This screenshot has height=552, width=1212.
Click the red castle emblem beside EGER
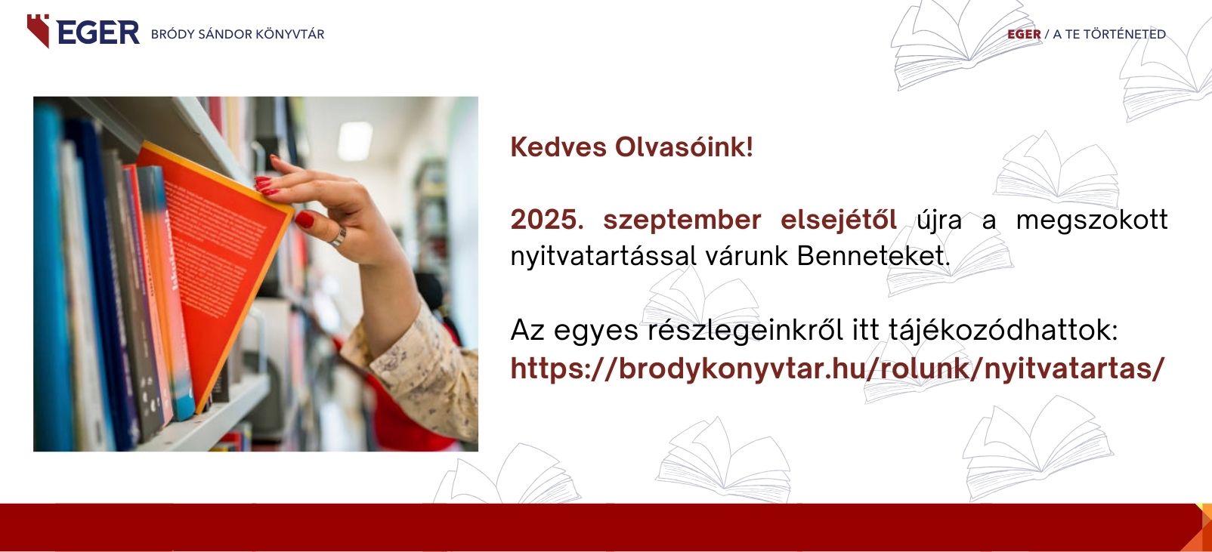click(x=39, y=30)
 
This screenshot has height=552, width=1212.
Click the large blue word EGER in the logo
click(x=98, y=32)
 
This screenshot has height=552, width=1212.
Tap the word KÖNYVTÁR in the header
click(x=289, y=34)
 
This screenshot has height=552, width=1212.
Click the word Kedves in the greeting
click(x=558, y=146)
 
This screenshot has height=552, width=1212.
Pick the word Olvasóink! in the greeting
click(x=684, y=146)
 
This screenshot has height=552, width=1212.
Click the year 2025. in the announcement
click(x=547, y=220)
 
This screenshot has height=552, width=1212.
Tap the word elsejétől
click(x=839, y=220)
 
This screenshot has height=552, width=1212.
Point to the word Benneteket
click(x=873, y=256)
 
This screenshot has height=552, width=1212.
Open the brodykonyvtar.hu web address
click(x=837, y=369)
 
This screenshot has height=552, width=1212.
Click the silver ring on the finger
click(x=339, y=237)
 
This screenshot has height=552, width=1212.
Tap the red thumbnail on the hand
click(x=304, y=219)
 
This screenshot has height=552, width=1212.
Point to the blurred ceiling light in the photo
click(x=355, y=141)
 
